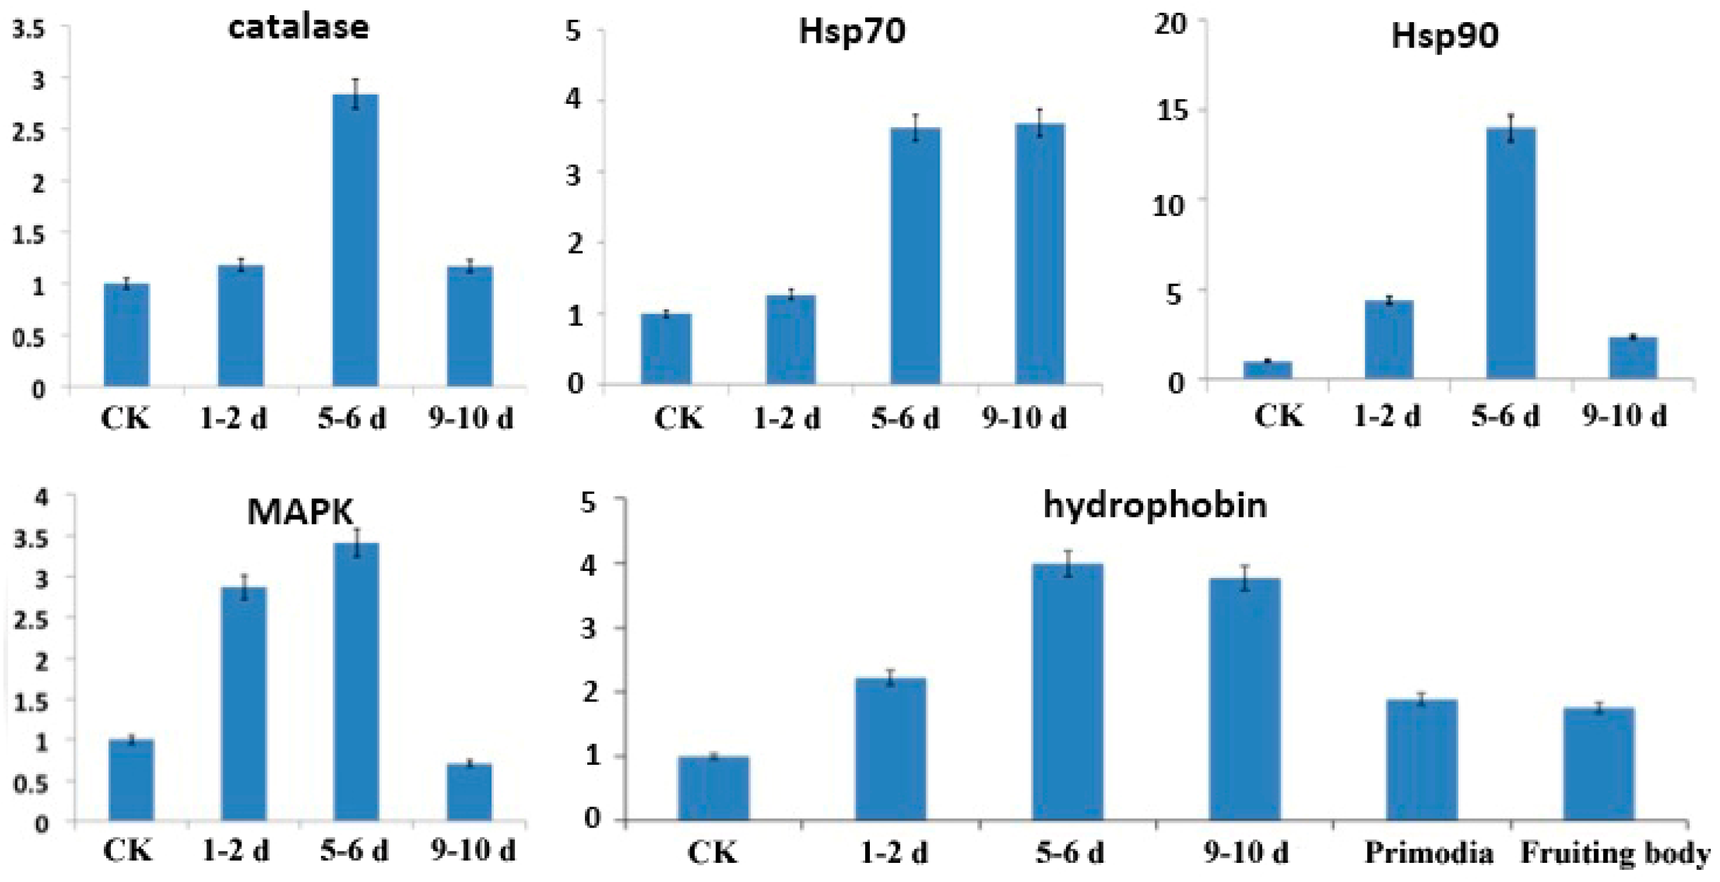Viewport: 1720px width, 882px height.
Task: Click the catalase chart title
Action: click(298, 28)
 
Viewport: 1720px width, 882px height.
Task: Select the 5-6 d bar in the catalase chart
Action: click(355, 240)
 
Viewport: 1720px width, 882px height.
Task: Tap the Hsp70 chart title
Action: click(852, 31)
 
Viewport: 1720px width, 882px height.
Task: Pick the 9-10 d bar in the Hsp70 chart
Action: click(1040, 254)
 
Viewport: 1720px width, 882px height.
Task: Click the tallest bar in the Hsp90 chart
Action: click(1511, 254)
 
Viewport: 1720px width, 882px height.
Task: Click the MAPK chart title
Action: click(300, 513)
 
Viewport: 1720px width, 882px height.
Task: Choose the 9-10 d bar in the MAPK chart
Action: click(469, 792)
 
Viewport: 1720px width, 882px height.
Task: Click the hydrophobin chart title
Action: click(1154, 505)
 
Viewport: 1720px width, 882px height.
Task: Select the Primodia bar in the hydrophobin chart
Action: click(1422, 759)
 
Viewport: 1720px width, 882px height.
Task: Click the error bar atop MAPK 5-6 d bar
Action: click(356, 541)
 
